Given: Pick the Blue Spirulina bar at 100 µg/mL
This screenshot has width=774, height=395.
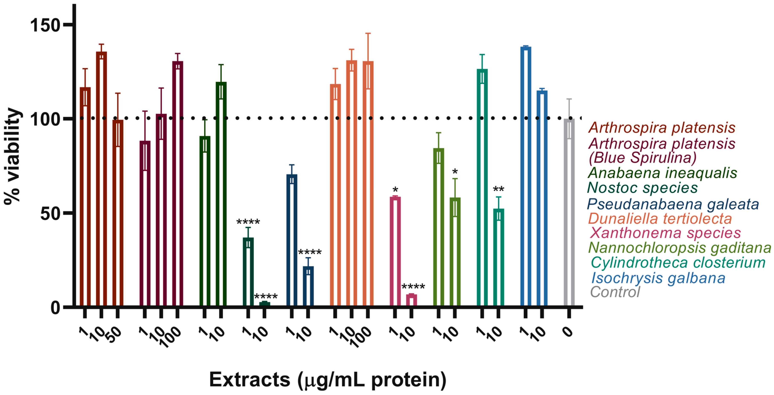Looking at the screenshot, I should (178, 183).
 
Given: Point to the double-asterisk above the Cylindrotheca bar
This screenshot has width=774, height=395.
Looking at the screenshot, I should (499, 189).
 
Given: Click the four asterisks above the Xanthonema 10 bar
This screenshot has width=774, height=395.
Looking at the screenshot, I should (413, 286).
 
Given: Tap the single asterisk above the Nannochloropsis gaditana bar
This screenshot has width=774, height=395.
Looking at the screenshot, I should (455, 172).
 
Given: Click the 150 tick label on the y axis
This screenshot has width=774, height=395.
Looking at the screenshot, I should (45, 25).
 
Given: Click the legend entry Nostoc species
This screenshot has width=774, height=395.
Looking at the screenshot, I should (642, 188).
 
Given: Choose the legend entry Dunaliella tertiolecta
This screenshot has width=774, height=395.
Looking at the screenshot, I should (660, 219).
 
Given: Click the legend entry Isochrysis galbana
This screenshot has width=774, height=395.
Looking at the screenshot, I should (658, 278).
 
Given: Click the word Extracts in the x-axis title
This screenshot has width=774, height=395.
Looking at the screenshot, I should (249, 380).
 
